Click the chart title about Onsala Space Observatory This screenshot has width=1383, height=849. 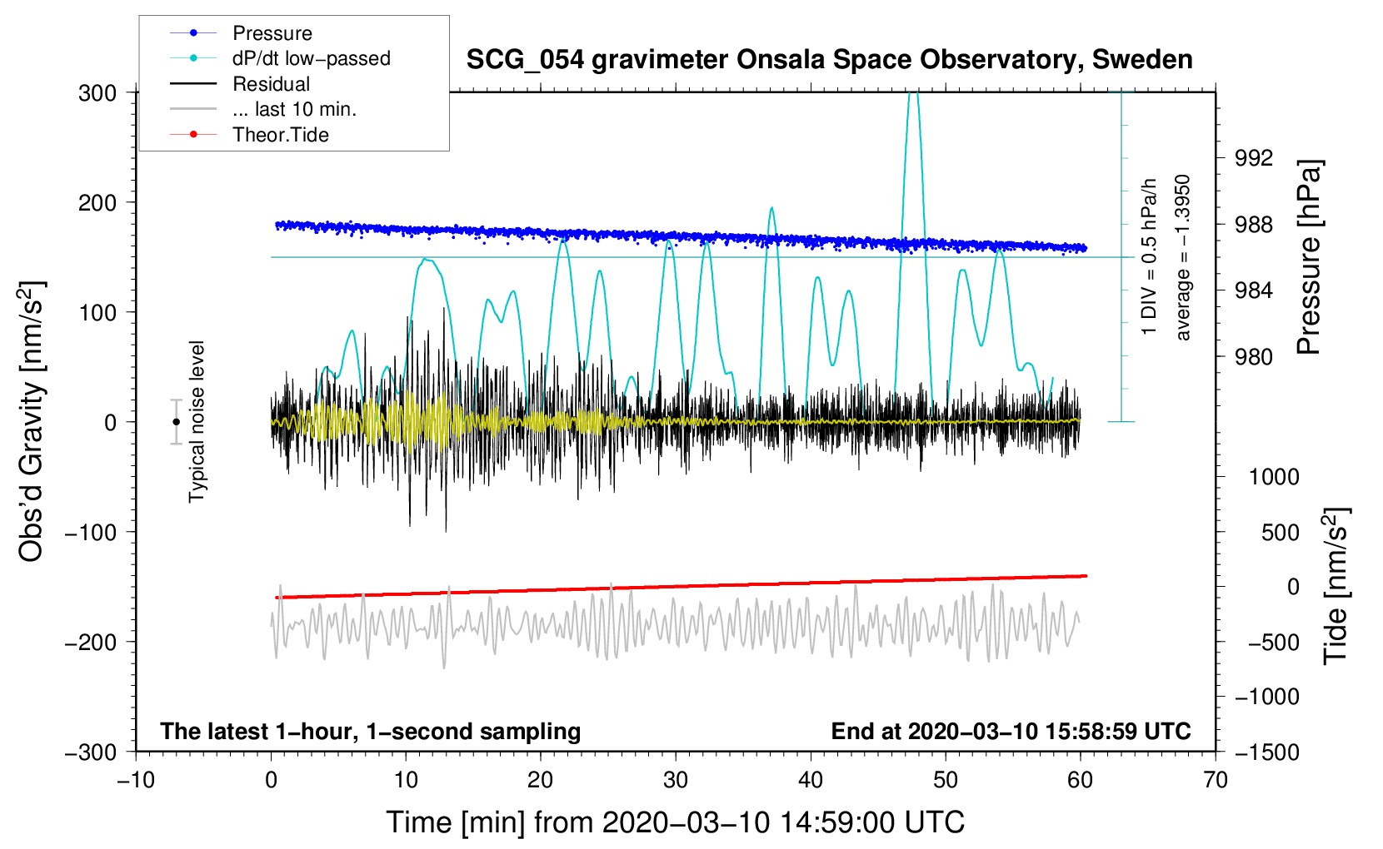coord(829,60)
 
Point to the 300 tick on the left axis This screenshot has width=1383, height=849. coord(97,93)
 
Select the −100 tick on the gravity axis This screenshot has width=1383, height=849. coord(91,533)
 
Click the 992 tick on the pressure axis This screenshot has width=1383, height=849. coord(1254,159)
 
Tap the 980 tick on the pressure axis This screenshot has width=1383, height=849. coord(1254,356)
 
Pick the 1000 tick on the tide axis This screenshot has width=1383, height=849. coord(1274,477)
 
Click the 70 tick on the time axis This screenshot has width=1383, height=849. coord(1215,781)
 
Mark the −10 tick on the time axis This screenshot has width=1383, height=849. coord(136,781)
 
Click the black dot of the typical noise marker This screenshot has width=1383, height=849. coord(177,422)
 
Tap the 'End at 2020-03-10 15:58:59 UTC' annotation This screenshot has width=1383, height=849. coord(1011,731)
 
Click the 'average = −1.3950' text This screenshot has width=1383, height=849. coord(1182,257)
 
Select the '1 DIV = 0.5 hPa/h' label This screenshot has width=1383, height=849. coord(1148,257)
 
